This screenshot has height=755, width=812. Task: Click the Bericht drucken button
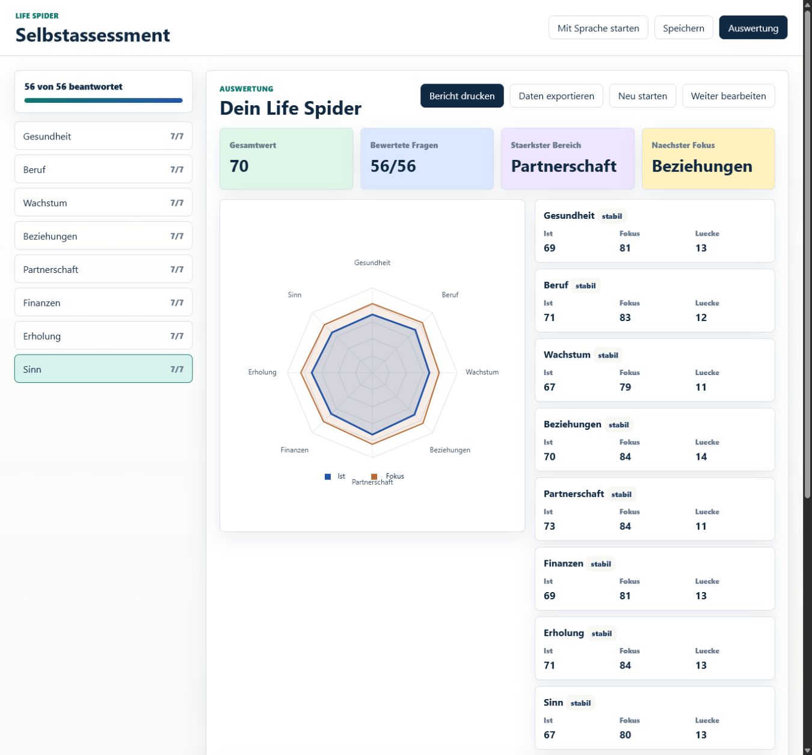point(461,96)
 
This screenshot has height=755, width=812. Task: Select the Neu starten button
point(642,96)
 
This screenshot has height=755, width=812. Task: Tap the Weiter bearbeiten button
point(728,96)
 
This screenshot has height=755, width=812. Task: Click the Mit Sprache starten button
point(598,28)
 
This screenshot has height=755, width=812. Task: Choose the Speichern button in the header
point(683,28)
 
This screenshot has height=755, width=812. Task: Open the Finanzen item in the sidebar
point(103,302)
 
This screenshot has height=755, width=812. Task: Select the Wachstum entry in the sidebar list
point(103,203)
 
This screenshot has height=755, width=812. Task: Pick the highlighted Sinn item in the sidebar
point(103,369)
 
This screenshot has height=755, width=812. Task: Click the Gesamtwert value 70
point(239,166)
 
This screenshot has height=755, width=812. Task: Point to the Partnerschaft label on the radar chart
point(372,482)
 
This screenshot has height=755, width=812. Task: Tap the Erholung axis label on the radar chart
point(262,372)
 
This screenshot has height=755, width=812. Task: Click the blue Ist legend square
point(327,477)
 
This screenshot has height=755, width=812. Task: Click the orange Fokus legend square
point(374,477)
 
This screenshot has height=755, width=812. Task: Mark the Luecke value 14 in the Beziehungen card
point(701,457)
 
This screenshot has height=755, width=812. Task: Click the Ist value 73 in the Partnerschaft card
point(549,526)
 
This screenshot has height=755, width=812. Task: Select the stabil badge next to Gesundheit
point(612,216)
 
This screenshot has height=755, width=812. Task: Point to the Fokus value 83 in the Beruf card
point(625,317)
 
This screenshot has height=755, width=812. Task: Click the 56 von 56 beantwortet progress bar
point(103,100)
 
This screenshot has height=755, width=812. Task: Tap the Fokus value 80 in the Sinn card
point(625,735)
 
